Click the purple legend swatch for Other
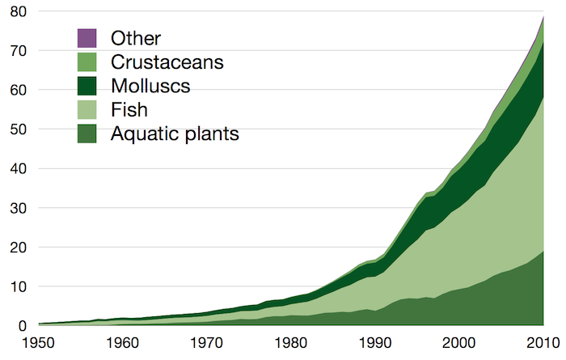click(x=87, y=38)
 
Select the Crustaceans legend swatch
click(x=87, y=61)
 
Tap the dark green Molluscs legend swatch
click(x=87, y=86)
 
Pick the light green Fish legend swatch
click(x=87, y=109)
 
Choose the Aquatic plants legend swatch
click(x=87, y=133)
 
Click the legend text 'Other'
click(x=136, y=38)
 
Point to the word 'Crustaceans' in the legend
click(x=167, y=61)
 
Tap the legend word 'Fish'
click(x=129, y=109)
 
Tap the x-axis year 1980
click(x=290, y=343)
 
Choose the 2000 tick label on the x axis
click(x=459, y=343)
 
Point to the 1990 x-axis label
click(x=374, y=343)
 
